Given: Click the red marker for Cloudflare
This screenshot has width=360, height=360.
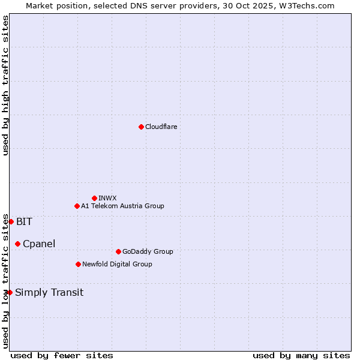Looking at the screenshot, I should [x=141, y=127].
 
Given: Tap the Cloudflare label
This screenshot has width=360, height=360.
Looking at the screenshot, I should [x=161, y=127].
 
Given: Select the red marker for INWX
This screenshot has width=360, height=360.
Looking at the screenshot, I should [x=94, y=198].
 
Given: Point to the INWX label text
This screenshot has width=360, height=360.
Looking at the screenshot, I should [x=107, y=198].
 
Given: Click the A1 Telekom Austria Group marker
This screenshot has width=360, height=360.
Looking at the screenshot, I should [x=77, y=206].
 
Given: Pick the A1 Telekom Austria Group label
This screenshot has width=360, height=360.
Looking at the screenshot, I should [x=122, y=206].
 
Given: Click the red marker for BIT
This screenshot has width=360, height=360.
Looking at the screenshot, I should [x=11, y=221].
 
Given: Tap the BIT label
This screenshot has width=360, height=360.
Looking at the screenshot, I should [x=24, y=221].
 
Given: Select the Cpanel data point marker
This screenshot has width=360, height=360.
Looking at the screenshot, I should [x=17, y=244].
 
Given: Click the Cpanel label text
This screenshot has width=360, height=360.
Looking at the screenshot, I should [x=39, y=244].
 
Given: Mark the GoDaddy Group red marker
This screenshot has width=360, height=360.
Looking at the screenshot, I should [x=118, y=251].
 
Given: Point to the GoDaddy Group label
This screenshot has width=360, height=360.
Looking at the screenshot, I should [x=148, y=251].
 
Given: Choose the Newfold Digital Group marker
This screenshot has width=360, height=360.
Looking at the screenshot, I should [x=78, y=264].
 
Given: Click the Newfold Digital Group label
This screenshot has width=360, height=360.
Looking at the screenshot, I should [x=117, y=264].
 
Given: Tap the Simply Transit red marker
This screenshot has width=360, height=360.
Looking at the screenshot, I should [x=10, y=292].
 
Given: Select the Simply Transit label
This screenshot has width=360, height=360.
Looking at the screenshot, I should [x=49, y=293].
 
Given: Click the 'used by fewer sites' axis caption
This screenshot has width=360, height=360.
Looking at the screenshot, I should [x=62, y=355].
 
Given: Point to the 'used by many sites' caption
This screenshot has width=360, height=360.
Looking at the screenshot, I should [x=301, y=355].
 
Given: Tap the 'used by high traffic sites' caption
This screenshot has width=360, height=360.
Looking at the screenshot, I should [x=5, y=85].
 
